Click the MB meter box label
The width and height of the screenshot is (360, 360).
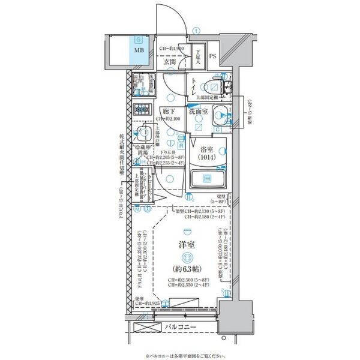tap(139, 50)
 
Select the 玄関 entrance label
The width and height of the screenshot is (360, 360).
tap(169, 61)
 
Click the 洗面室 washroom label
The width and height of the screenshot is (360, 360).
tap(198, 112)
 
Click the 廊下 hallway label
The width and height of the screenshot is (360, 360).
tap(167, 111)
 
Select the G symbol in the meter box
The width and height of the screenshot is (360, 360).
tap(139, 38)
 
